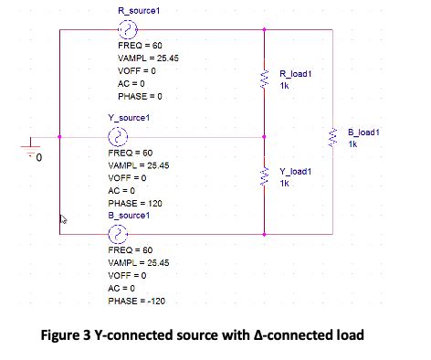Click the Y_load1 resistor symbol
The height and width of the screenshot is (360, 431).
264,177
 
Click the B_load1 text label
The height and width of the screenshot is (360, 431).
363,132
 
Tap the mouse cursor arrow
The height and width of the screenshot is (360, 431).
63,220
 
